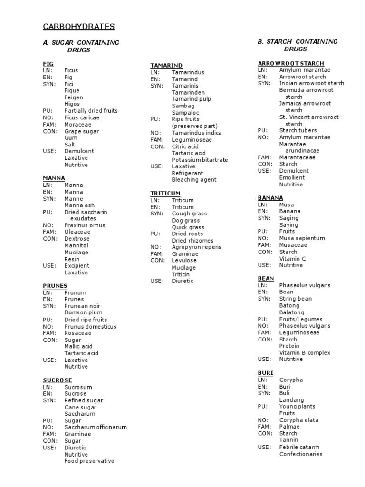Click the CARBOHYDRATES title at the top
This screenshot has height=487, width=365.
(79, 27)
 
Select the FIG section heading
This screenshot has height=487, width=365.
(48, 64)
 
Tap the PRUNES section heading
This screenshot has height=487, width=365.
(55, 286)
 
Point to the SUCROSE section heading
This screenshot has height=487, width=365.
(58, 380)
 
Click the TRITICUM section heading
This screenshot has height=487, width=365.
(165, 194)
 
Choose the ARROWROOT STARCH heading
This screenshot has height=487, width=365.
(291, 63)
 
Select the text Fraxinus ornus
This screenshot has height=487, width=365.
(85, 225)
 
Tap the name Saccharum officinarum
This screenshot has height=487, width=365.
(96, 427)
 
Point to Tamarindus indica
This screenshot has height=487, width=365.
(196, 133)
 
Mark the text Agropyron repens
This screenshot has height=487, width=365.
(196, 247)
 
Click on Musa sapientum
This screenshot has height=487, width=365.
(302, 238)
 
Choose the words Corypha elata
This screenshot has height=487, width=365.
(298, 420)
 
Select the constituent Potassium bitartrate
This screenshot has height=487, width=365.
(200, 160)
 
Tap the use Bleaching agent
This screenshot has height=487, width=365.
(194, 180)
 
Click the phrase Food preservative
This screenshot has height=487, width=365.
(89, 461)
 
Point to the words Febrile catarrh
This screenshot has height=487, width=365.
(299, 447)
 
